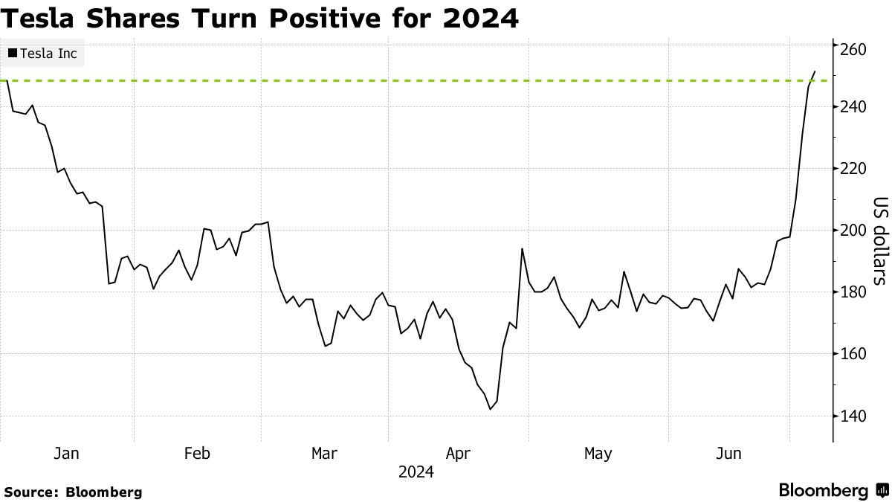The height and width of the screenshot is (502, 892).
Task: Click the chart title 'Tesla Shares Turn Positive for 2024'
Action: (259, 18)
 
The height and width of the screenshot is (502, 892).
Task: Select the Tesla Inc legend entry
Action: (43, 54)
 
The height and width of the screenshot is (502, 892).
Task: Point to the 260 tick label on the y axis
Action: (854, 49)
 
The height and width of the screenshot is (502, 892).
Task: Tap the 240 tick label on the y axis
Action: (854, 107)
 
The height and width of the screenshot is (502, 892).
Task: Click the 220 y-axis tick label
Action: (854, 169)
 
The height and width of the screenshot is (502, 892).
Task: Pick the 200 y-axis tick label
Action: (854, 231)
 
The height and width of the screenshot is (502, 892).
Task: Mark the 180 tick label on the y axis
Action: (854, 292)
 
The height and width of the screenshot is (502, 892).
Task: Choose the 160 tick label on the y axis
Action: (854, 354)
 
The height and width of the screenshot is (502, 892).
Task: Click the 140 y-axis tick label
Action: (854, 416)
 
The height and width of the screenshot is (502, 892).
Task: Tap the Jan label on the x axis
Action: (67, 453)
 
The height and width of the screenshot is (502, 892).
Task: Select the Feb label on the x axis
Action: (197, 453)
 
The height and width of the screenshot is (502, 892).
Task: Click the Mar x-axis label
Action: (325, 453)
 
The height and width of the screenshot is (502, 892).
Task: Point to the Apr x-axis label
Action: (458, 453)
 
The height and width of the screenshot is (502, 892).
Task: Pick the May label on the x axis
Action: (598, 453)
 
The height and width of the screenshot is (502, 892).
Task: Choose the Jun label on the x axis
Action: (728, 453)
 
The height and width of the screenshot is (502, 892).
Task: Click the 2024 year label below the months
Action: (416, 472)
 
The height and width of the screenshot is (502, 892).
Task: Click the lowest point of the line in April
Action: (490, 409)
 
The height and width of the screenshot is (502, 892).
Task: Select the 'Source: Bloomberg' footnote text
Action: (73, 492)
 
